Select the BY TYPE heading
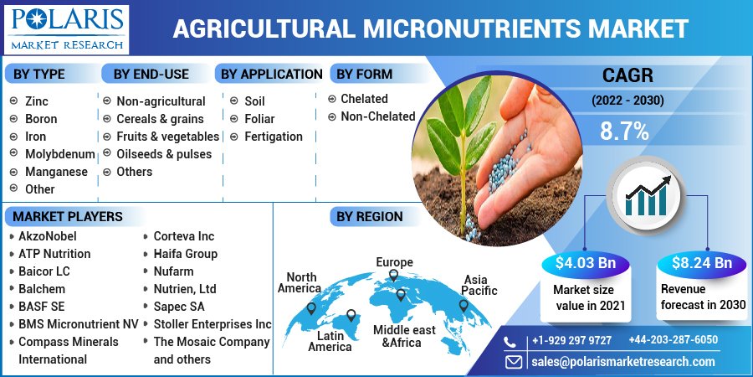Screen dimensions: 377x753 point(38,75)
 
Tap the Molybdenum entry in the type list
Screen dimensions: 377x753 point(59,154)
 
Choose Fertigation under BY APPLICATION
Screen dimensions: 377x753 point(273,137)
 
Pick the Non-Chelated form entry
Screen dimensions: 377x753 point(377,116)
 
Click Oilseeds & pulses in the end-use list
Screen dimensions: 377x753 point(164,154)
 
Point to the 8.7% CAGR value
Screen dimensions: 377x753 point(624,131)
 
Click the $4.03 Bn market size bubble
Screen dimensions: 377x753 point(585,263)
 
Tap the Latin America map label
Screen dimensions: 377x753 point(330,341)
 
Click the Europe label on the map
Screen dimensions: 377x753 point(394,262)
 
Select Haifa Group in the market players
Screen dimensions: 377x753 point(185,254)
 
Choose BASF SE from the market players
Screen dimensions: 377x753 point(41,307)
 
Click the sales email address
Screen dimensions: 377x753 point(623,362)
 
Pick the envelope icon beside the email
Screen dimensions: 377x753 point(513,362)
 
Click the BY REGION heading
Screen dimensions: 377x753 point(369,217)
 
